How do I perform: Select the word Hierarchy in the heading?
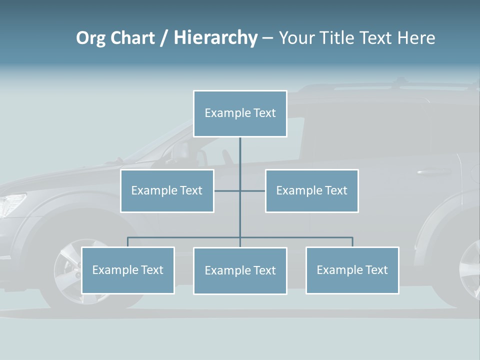pyautogui.click(x=215, y=38)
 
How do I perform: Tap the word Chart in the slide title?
pyautogui.click(x=132, y=38)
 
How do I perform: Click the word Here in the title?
pyautogui.click(x=416, y=38)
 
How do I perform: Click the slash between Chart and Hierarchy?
pyautogui.click(x=164, y=38)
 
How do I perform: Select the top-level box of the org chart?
pyautogui.click(x=240, y=113)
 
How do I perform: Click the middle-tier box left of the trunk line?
pyautogui.click(x=167, y=190)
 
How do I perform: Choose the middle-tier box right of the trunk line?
pyautogui.click(x=311, y=190)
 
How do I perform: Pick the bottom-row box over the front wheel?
pyautogui.click(x=127, y=270)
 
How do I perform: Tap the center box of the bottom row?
pyautogui.click(x=240, y=270)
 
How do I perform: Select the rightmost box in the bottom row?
pyautogui.click(x=352, y=270)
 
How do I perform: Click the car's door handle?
pyautogui.click(x=430, y=172)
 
